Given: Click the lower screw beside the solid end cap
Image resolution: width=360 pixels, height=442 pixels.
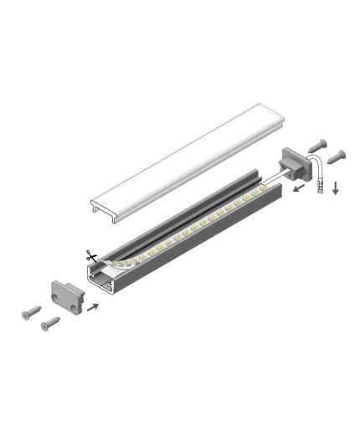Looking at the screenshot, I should coord(50,321).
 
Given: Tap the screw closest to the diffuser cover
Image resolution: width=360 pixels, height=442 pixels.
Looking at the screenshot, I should coord(323,144).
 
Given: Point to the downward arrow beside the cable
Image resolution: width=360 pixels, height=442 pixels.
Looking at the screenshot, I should coord(335,188).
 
